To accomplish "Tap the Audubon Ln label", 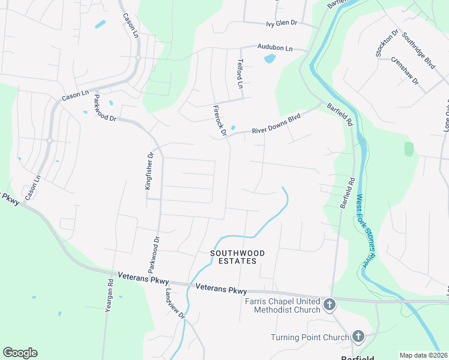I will (x=274, y=47).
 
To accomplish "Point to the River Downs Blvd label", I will (x=276, y=124).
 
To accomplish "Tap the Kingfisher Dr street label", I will (x=149, y=170).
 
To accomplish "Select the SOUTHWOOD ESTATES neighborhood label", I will (x=234, y=257).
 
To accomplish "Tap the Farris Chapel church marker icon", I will (x=329, y=305).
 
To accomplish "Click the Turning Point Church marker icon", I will (x=358, y=337).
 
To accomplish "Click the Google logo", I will (x=20, y=353).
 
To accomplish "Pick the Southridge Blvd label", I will (x=418, y=49).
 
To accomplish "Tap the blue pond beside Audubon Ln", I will (x=270, y=59).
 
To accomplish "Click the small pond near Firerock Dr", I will (x=233, y=127).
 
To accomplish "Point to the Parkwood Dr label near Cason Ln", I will (x=96, y=109).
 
